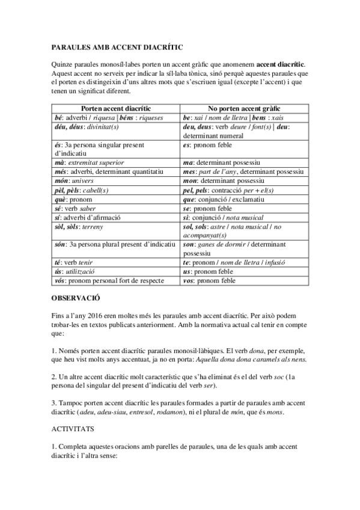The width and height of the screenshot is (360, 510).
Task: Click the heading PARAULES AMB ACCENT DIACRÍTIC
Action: click(117, 46)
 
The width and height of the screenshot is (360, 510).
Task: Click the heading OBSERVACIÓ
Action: click(75, 297)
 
